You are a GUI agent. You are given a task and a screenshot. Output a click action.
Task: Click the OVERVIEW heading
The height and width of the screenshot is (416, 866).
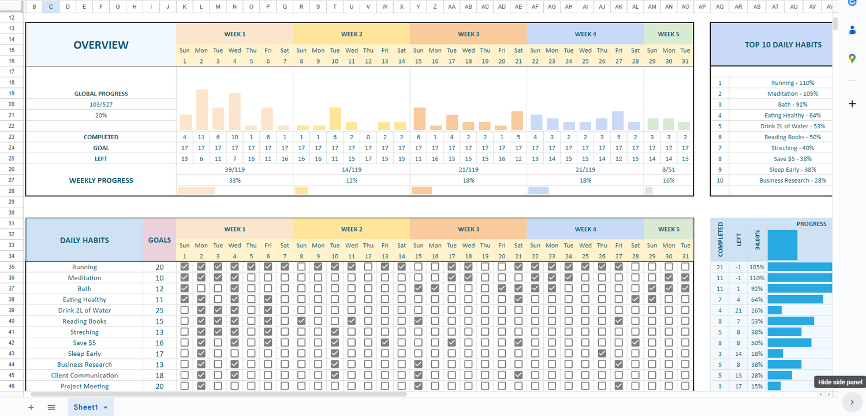[101, 45]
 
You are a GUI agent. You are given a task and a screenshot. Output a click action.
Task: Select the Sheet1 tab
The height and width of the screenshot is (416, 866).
[86, 407]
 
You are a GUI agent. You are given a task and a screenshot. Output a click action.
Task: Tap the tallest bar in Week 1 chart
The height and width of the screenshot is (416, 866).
[201, 109]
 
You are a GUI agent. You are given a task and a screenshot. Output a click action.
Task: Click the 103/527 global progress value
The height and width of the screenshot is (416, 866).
[101, 105]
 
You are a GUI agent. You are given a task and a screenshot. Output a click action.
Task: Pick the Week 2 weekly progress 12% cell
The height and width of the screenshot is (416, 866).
[351, 180]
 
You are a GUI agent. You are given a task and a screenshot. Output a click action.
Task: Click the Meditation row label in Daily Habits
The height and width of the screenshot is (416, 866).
[84, 278]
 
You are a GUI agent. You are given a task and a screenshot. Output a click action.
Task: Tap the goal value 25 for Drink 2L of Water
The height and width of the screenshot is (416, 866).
[159, 310]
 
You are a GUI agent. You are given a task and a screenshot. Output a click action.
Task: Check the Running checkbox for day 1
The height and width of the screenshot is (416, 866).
[185, 267]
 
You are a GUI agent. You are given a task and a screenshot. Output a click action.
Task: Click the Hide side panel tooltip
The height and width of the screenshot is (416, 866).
[840, 382]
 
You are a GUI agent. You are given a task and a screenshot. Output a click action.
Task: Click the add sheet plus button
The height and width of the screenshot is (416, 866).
[31, 407]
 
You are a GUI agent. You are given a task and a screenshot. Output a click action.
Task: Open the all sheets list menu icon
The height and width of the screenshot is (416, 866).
[51, 407]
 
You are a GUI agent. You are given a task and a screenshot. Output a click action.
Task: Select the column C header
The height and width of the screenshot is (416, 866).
[51, 7]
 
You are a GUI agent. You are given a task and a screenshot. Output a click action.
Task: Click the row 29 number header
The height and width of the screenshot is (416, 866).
[12, 202]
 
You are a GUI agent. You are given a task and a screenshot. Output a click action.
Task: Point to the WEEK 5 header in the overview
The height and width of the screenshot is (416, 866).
[669, 34]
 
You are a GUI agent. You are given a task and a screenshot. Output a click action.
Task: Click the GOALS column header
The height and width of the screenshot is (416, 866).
[159, 240]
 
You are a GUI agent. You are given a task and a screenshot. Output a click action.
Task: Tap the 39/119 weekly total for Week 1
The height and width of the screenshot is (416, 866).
[234, 170]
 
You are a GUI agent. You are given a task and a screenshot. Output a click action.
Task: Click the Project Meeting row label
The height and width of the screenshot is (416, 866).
[84, 387]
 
